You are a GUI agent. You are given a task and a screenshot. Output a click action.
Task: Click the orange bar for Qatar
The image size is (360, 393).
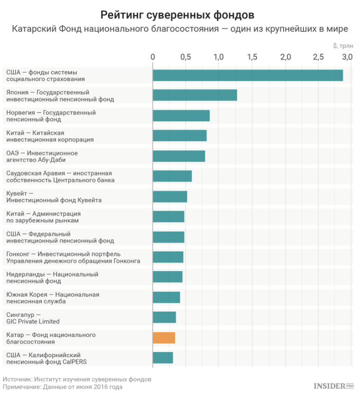tap(164, 338)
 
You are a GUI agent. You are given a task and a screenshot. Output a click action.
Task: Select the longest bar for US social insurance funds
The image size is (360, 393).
tap(248, 75)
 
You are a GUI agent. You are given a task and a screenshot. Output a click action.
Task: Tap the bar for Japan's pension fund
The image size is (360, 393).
tap(195, 95)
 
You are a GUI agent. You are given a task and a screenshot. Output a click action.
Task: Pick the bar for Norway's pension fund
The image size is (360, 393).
tap(181, 116)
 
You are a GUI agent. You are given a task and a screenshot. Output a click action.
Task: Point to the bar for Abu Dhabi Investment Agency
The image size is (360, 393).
tap(179, 156)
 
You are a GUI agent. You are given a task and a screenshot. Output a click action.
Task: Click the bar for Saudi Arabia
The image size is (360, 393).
tap(172, 176)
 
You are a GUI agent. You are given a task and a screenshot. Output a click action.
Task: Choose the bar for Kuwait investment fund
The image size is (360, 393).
tap(170, 196)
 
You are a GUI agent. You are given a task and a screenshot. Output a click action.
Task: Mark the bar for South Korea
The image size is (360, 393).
tap(166, 297)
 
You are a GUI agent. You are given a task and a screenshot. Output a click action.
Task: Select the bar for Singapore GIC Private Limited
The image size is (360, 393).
tap(164, 317)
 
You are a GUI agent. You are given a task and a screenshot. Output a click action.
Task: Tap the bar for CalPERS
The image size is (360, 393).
tap(163, 358)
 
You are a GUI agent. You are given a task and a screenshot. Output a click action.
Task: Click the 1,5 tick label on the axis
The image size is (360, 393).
tap(251, 57)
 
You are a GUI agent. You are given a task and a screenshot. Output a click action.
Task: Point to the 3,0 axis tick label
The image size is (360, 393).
tap(347, 57)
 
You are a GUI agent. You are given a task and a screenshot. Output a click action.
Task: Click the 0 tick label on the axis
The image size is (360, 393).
tap(153, 57)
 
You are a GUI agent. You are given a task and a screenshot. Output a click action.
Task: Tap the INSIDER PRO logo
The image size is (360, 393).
tap(334, 386)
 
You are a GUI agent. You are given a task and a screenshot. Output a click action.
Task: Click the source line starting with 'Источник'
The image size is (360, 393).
tap(77, 379)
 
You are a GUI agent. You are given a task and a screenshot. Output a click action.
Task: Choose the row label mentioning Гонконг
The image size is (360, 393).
tap(73, 257)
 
